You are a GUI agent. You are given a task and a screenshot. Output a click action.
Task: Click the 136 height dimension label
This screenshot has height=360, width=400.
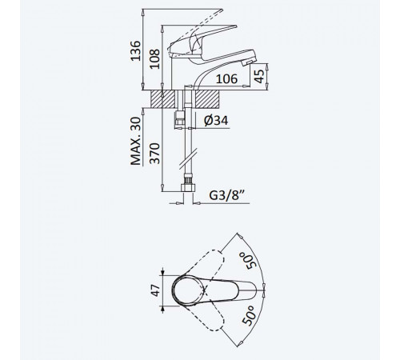(136, 50)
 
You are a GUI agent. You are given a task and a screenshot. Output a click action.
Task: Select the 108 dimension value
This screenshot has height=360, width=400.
(154, 59)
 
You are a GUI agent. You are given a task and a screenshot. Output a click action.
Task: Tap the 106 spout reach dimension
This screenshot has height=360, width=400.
(226, 79)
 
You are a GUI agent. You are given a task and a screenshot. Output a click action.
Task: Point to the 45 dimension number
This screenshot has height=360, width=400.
(259, 77)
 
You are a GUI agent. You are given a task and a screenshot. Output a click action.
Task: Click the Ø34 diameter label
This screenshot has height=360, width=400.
(216, 120)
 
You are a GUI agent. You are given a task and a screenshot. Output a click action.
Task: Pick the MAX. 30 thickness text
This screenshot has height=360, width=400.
(136, 141)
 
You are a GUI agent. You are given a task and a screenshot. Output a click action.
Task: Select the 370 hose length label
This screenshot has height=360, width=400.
(154, 154)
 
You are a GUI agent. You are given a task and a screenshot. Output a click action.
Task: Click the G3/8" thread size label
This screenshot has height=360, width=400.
(226, 195)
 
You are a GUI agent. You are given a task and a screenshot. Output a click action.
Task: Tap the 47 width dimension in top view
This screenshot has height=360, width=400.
(155, 290)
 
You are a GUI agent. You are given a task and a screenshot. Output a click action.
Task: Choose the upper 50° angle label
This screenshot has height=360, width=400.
(247, 262)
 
